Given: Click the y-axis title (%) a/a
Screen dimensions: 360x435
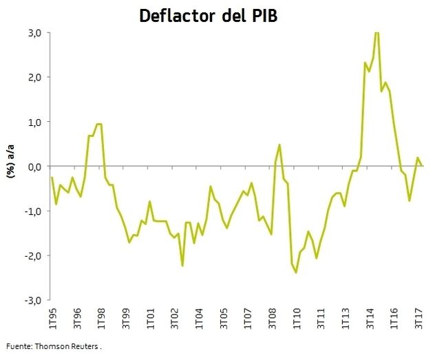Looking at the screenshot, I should [x=11, y=165].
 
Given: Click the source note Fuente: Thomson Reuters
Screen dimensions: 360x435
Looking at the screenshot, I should [x=53, y=346].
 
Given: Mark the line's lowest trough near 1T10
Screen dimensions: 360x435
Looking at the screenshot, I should [x=297, y=273].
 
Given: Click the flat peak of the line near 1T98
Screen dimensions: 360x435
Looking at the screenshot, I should [x=99, y=125].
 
